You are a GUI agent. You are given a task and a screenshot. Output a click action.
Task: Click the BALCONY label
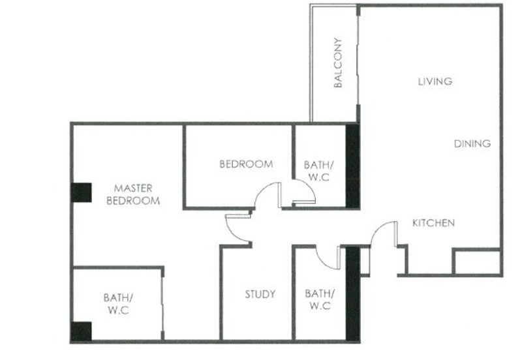click(x=337, y=63)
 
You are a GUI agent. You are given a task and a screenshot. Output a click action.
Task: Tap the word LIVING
click(x=435, y=82)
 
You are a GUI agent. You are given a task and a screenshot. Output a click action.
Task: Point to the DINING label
click(x=472, y=143)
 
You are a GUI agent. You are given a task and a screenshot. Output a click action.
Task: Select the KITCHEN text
click(x=433, y=223)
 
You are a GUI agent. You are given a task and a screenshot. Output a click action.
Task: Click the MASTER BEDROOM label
click(x=133, y=194)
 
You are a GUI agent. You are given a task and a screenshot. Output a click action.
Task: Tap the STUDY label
click(x=260, y=294)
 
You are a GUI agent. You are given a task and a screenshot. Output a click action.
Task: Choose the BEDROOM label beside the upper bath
click(x=247, y=164)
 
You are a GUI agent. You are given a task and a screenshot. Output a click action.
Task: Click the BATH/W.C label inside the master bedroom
click(x=119, y=304)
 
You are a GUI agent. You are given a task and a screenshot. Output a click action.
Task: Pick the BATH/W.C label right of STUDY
click(x=320, y=299)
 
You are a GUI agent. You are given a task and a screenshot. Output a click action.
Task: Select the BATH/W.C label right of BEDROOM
click(x=319, y=171)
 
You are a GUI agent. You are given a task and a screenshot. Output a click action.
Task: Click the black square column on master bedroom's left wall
click(x=81, y=192)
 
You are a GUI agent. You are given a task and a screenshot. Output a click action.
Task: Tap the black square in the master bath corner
click(x=81, y=331)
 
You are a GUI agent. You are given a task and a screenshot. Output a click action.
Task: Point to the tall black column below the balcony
click(x=352, y=166)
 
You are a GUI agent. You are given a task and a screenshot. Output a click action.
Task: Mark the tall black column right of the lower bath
click(x=353, y=294)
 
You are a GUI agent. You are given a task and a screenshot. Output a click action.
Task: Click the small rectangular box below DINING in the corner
click(x=478, y=262)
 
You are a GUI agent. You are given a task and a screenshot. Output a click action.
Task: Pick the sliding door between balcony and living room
click(x=358, y=61)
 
